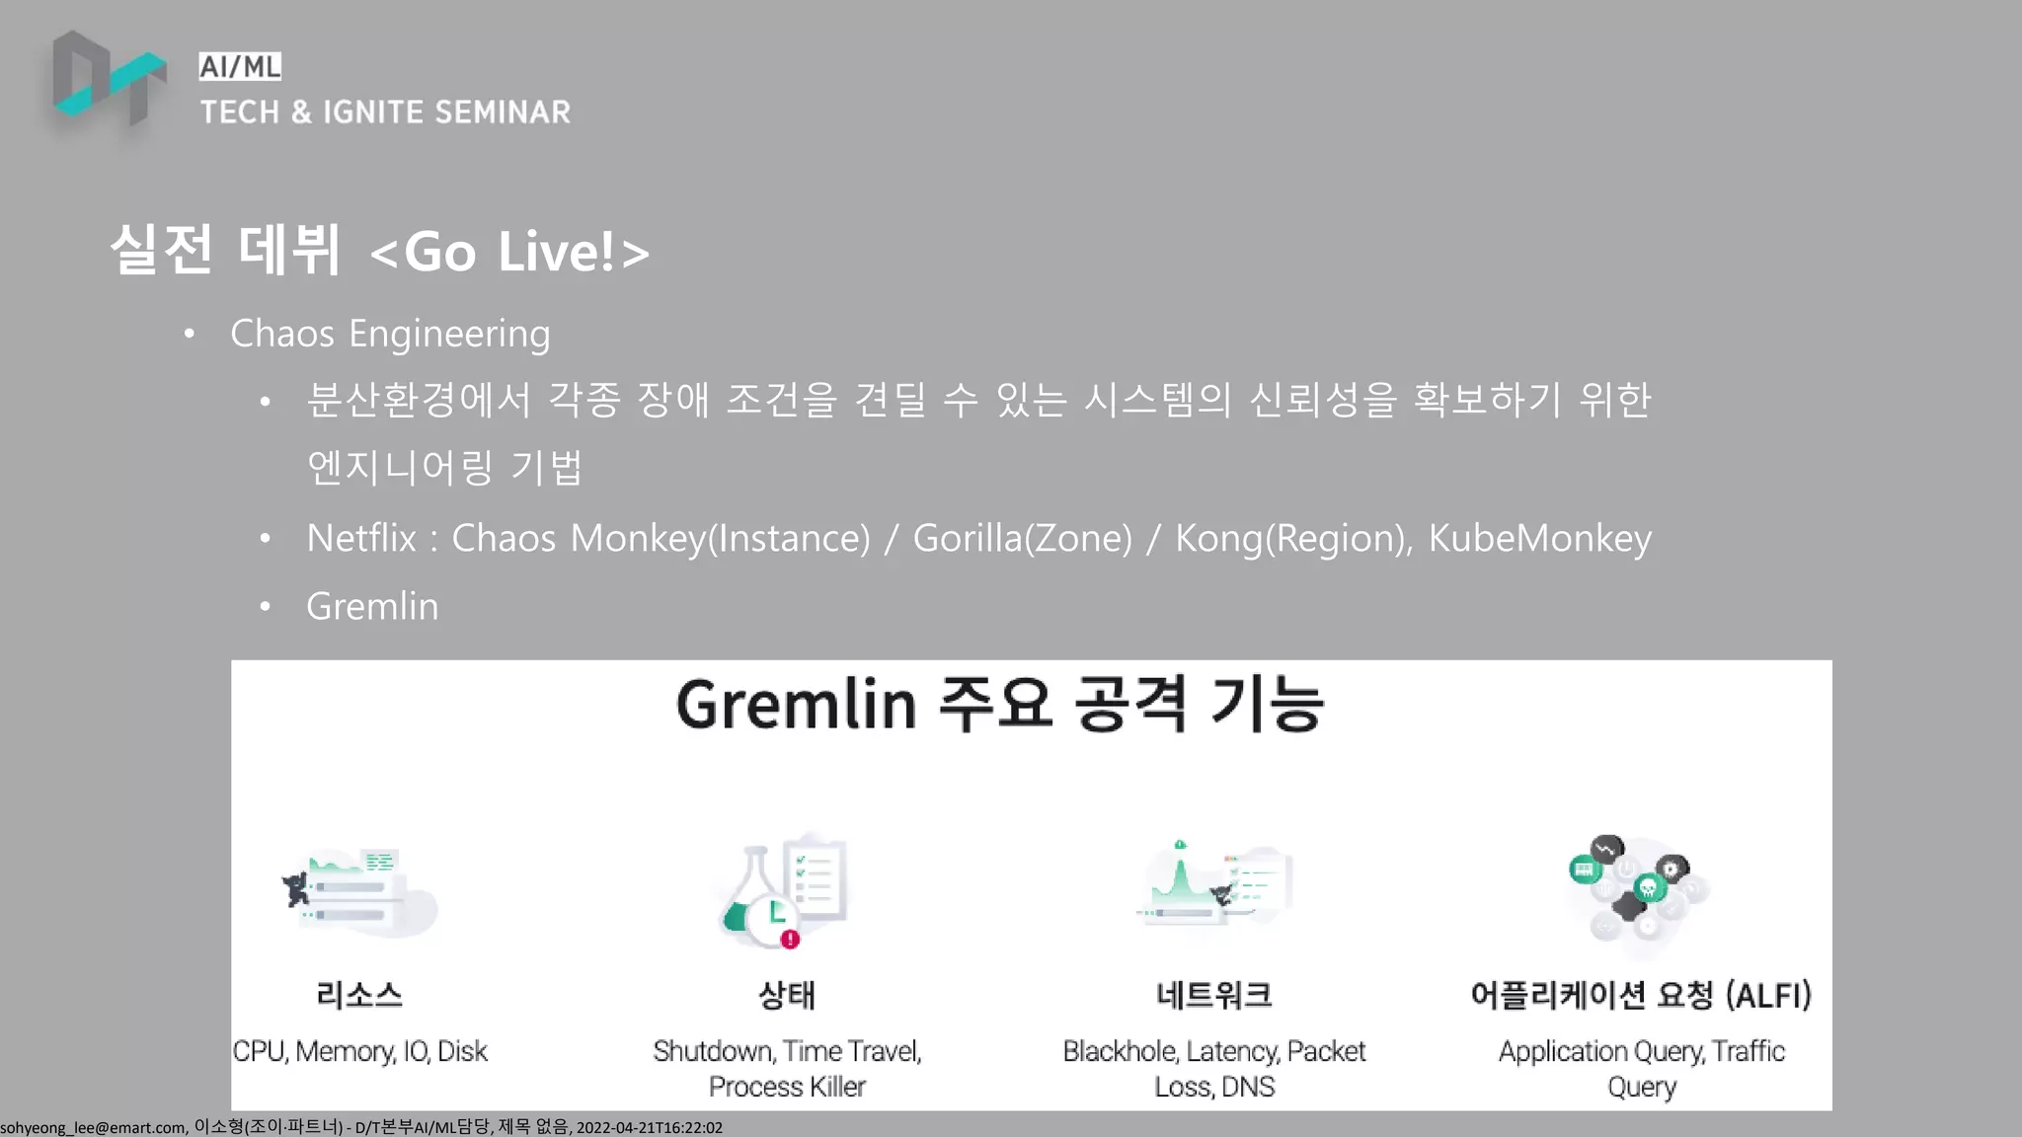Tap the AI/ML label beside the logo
coord(240,67)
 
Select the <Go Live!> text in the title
coord(509,253)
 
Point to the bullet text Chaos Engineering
coord(390,334)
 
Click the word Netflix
coord(361,538)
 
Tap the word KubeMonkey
coord(1539,538)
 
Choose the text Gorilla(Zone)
coord(1022,538)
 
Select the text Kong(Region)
coord(1292,538)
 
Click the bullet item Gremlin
coord(372,606)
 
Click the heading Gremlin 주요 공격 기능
coord(1000,705)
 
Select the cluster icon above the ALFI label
coord(1639,888)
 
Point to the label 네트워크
coord(1214,995)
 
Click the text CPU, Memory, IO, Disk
coord(360,1051)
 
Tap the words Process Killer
coord(787,1087)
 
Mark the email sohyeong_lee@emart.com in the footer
coord(93,1127)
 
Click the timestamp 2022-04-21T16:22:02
coord(650,1127)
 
